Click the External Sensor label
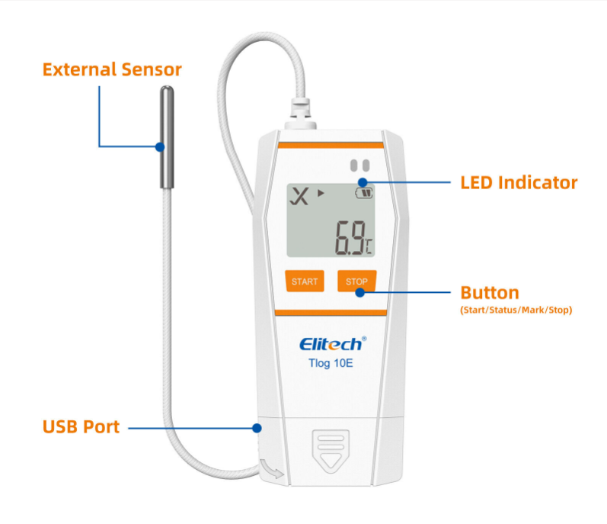[112, 70]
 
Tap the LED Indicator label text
[519, 183]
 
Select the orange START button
[305, 281]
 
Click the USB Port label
[81, 427]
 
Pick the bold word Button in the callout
[490, 293]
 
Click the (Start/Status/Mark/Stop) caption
[516, 310]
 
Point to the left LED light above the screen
[353, 165]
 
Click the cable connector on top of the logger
[299, 114]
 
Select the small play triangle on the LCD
[321, 194]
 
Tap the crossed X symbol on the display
[302, 197]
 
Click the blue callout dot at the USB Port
[256, 428]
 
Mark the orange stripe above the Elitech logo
[330, 312]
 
